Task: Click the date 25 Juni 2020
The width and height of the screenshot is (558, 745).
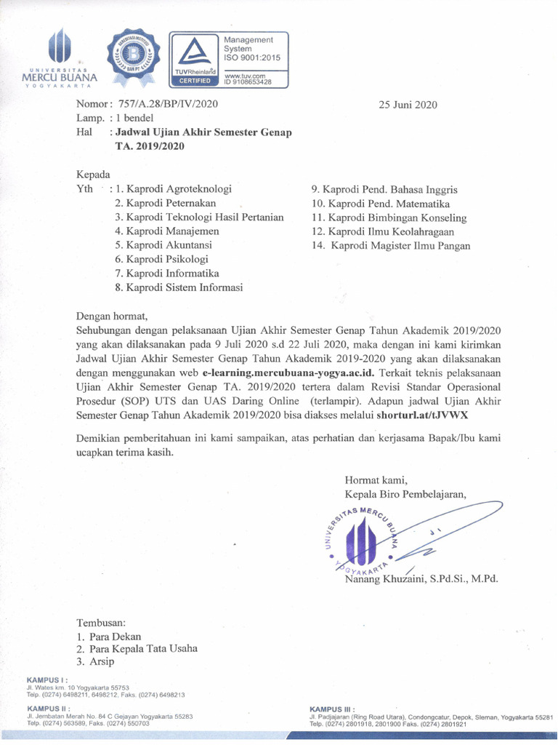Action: pyautogui.click(x=408, y=104)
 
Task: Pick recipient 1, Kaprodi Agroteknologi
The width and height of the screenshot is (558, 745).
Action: pyautogui.click(x=179, y=189)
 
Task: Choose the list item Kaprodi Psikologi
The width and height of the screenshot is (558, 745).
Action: pyautogui.click(x=167, y=259)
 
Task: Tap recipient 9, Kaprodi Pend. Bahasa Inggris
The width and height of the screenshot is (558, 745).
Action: pyautogui.click(x=384, y=190)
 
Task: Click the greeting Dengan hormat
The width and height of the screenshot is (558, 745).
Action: pyautogui.click(x=112, y=316)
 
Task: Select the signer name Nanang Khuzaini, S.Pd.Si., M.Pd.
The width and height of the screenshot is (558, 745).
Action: pyautogui.click(x=421, y=578)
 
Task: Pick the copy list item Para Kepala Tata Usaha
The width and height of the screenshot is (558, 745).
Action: pyautogui.click(x=143, y=648)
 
